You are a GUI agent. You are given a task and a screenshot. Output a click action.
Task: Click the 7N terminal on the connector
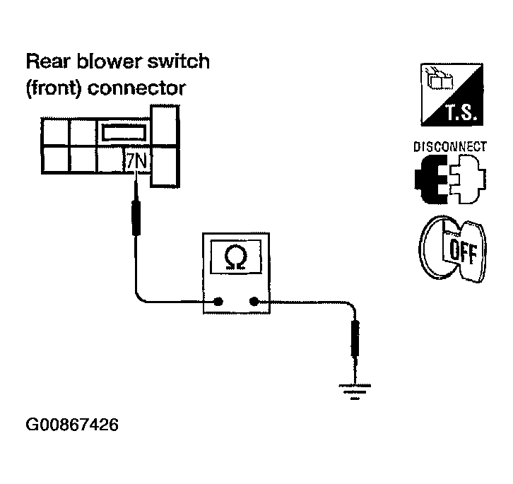[137, 160]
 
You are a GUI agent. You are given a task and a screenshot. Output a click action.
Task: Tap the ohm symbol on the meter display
[235, 257]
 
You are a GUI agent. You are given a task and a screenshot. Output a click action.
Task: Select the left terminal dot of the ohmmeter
[218, 302]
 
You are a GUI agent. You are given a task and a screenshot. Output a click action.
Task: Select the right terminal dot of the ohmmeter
[254, 302]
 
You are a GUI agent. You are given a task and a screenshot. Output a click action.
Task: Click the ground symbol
[355, 391]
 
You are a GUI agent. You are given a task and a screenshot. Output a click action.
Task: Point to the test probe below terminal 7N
[136, 218]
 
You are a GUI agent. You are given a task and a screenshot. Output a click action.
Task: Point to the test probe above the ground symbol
[355, 338]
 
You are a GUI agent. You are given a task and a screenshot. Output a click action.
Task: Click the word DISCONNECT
[450, 146]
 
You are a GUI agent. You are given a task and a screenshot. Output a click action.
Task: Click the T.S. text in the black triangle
[460, 112]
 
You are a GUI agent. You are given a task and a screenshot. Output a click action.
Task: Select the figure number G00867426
[72, 425]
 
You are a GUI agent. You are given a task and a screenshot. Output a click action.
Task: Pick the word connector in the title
[137, 88]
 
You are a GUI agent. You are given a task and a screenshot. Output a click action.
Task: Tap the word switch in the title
[179, 61]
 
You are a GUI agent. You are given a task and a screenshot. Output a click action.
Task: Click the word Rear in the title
[49, 61]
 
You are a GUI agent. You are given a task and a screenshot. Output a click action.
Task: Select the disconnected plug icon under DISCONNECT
[450, 179]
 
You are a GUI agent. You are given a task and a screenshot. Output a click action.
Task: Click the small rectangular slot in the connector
[124, 133]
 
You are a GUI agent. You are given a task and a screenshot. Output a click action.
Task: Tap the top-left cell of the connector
[56, 131]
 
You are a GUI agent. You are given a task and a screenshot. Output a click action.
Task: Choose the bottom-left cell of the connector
[56, 160]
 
